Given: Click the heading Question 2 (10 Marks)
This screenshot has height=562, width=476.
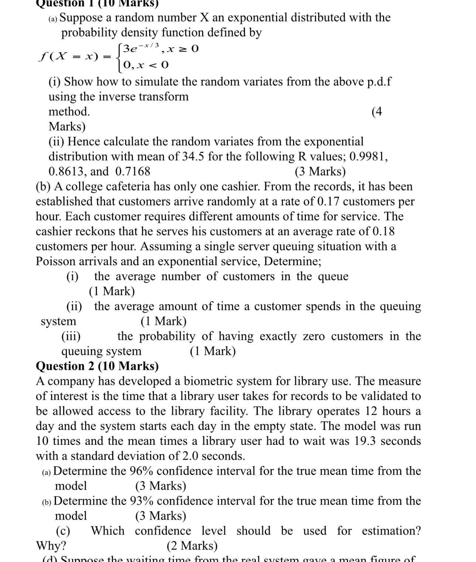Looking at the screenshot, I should (97, 366).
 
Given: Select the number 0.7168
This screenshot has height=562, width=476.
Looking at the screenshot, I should (133, 171).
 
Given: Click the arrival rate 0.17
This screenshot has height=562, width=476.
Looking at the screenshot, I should (328, 202).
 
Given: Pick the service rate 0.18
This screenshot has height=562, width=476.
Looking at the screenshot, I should (383, 231).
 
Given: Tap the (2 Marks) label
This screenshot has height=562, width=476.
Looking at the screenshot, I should (192, 546).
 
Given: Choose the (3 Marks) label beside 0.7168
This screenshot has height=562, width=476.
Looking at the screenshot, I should (320, 171).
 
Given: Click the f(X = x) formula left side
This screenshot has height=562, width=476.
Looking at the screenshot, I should (69, 56).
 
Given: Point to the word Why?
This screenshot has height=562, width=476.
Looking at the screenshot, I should (51, 546).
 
